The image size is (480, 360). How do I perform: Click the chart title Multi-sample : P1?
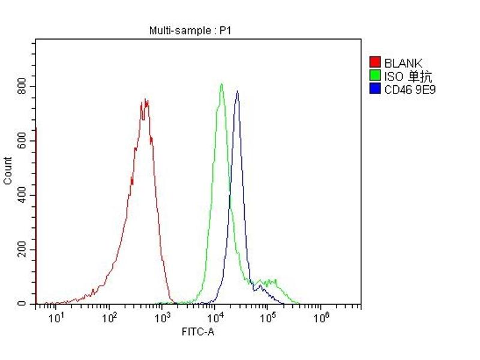(189, 31)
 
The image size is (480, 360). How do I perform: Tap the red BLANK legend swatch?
(375, 62)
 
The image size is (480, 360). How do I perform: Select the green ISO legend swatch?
(375, 76)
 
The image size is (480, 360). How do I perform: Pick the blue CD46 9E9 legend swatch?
(375, 89)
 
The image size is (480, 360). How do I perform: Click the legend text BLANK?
(403, 62)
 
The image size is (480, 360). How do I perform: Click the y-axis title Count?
(8, 170)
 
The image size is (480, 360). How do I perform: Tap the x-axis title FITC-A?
(198, 331)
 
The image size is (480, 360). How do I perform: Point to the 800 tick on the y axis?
(22, 86)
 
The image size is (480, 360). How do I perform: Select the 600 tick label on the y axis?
(22, 141)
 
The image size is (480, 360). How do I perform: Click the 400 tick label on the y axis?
(22, 196)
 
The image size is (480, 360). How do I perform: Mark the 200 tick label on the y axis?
(22, 250)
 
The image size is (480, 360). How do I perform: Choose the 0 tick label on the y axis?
(22, 304)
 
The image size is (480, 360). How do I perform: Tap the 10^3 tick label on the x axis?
(162, 316)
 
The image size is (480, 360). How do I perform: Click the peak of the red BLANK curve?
(145, 100)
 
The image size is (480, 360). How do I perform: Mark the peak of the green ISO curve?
(221, 84)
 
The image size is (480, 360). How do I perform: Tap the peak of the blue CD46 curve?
(238, 91)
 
